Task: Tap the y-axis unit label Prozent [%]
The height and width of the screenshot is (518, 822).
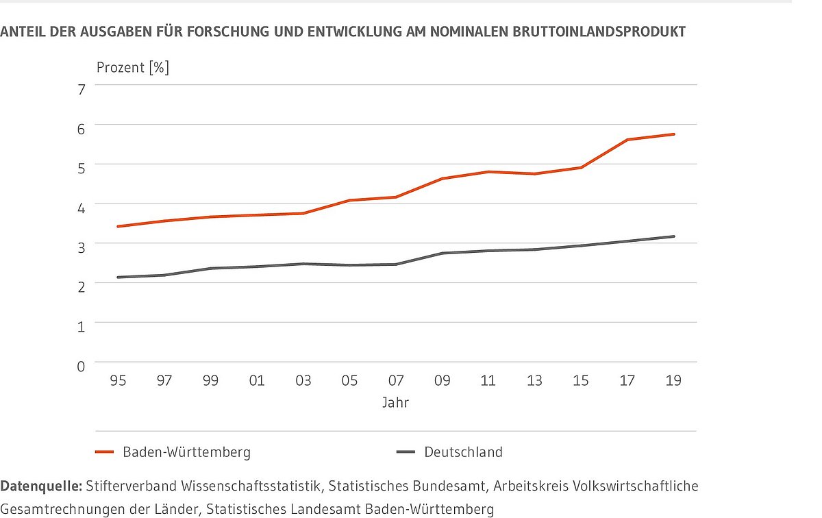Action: point(132,68)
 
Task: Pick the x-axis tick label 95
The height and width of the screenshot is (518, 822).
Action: point(118,380)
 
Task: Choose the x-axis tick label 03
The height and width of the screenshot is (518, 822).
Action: point(303,380)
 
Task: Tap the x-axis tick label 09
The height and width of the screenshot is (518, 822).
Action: point(442,380)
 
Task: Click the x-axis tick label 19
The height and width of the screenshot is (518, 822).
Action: point(673,380)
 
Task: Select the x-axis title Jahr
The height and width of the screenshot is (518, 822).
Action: point(395,403)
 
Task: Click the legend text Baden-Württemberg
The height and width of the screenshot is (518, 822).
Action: point(186,452)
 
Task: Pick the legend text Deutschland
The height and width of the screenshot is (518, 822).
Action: point(463,452)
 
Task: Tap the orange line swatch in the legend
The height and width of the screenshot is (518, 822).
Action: point(104,452)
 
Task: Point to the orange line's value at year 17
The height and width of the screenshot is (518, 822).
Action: point(627,140)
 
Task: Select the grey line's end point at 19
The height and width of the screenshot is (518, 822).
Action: point(674,236)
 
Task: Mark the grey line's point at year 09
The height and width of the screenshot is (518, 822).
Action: point(442,254)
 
